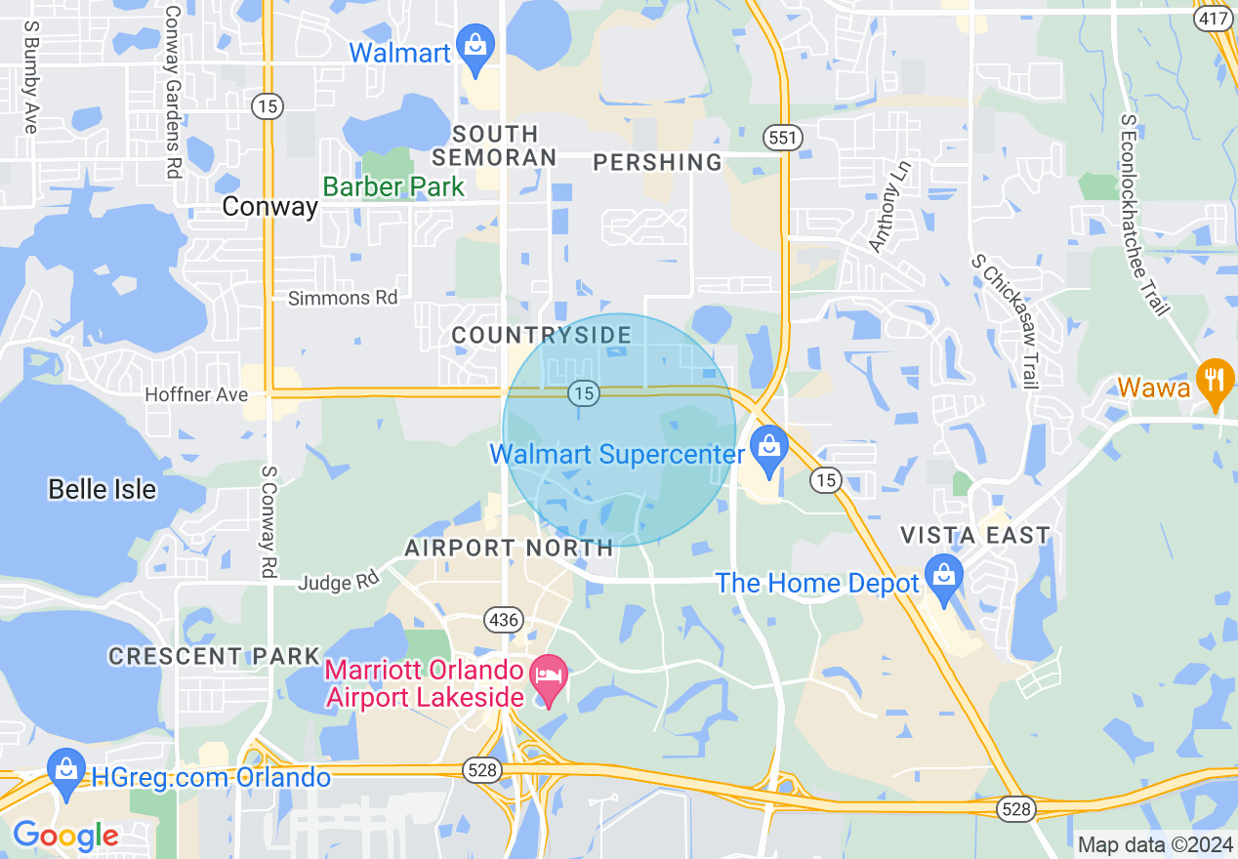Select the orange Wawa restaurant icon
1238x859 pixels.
[1214, 382]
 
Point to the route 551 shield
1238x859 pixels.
[783, 138]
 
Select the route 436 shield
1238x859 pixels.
[504, 619]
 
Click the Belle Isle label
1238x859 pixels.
[103, 489]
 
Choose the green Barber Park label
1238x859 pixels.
[393, 186]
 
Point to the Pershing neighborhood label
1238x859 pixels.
[658, 162]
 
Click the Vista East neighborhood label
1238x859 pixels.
[975, 535]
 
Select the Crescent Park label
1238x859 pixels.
[215, 656]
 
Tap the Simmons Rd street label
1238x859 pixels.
[343, 298]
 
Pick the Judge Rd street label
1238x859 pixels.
[338, 582]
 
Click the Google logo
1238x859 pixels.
[65, 836]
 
